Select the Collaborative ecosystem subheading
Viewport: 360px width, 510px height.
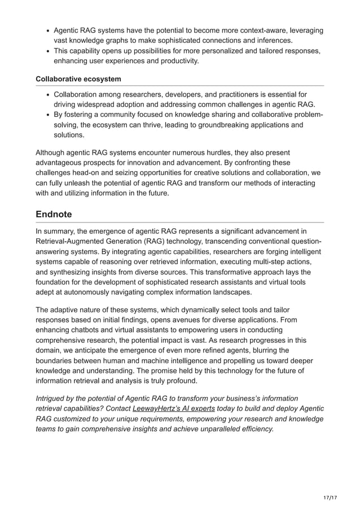pyautogui.click(x=78, y=79)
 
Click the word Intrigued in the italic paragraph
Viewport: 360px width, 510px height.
pyautogui.click(x=54, y=398)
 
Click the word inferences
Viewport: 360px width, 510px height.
pyautogui.click(x=273, y=41)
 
